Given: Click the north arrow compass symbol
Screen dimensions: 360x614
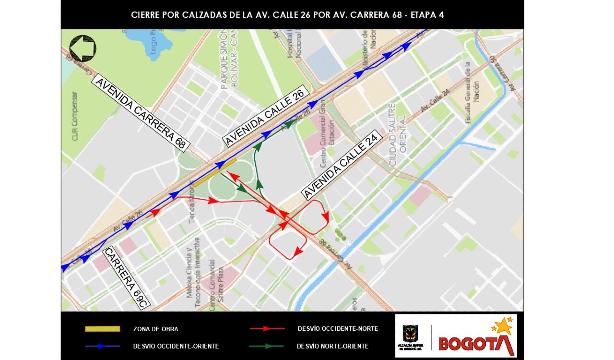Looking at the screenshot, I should click(x=83, y=48).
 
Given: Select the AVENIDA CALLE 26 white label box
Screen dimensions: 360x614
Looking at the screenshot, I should click(x=265, y=118).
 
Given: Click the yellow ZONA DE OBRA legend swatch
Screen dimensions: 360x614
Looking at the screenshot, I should click(x=102, y=329).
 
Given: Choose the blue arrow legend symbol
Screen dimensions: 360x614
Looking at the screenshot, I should click(x=102, y=346).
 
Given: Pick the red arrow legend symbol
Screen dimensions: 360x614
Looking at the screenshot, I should click(x=267, y=329).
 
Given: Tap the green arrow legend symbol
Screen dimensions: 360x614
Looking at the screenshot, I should click(x=267, y=346).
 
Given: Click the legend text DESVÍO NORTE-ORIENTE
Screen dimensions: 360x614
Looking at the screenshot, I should click(x=332, y=346).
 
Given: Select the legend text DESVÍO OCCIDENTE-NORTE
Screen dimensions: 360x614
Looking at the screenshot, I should click(x=338, y=329).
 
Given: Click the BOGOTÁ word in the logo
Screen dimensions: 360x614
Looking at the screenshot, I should click(x=475, y=343).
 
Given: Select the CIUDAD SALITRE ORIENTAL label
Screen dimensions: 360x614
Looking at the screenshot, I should click(x=398, y=134).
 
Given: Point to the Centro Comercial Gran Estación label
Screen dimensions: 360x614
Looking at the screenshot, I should click(x=326, y=130).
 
